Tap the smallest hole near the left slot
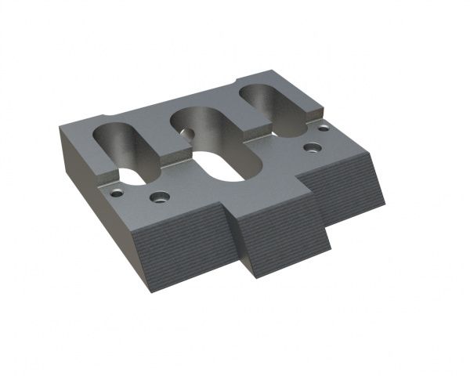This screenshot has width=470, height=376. [x=117, y=190]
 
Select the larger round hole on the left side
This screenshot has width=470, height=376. [x=160, y=196]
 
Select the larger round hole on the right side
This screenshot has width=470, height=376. [x=313, y=146]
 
